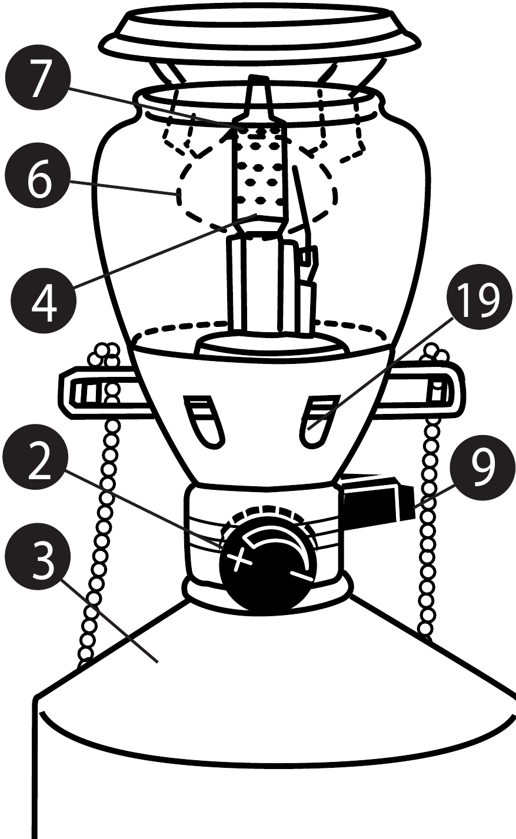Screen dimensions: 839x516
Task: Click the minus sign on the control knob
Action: point(301,574)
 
